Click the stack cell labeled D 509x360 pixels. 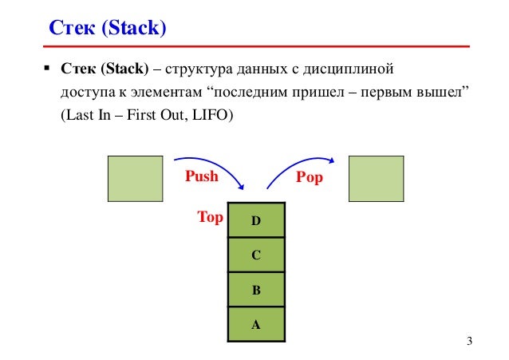click(x=256, y=220)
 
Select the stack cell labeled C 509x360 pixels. click(x=256, y=255)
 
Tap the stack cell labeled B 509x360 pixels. click(x=256, y=291)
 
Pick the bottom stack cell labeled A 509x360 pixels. click(x=256, y=325)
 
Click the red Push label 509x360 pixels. click(x=201, y=176)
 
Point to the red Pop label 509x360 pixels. click(x=309, y=177)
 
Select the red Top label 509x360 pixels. click(x=211, y=216)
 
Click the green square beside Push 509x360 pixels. click(x=135, y=178)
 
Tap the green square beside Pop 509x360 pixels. click(x=376, y=178)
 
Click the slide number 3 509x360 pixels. click(x=469, y=342)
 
